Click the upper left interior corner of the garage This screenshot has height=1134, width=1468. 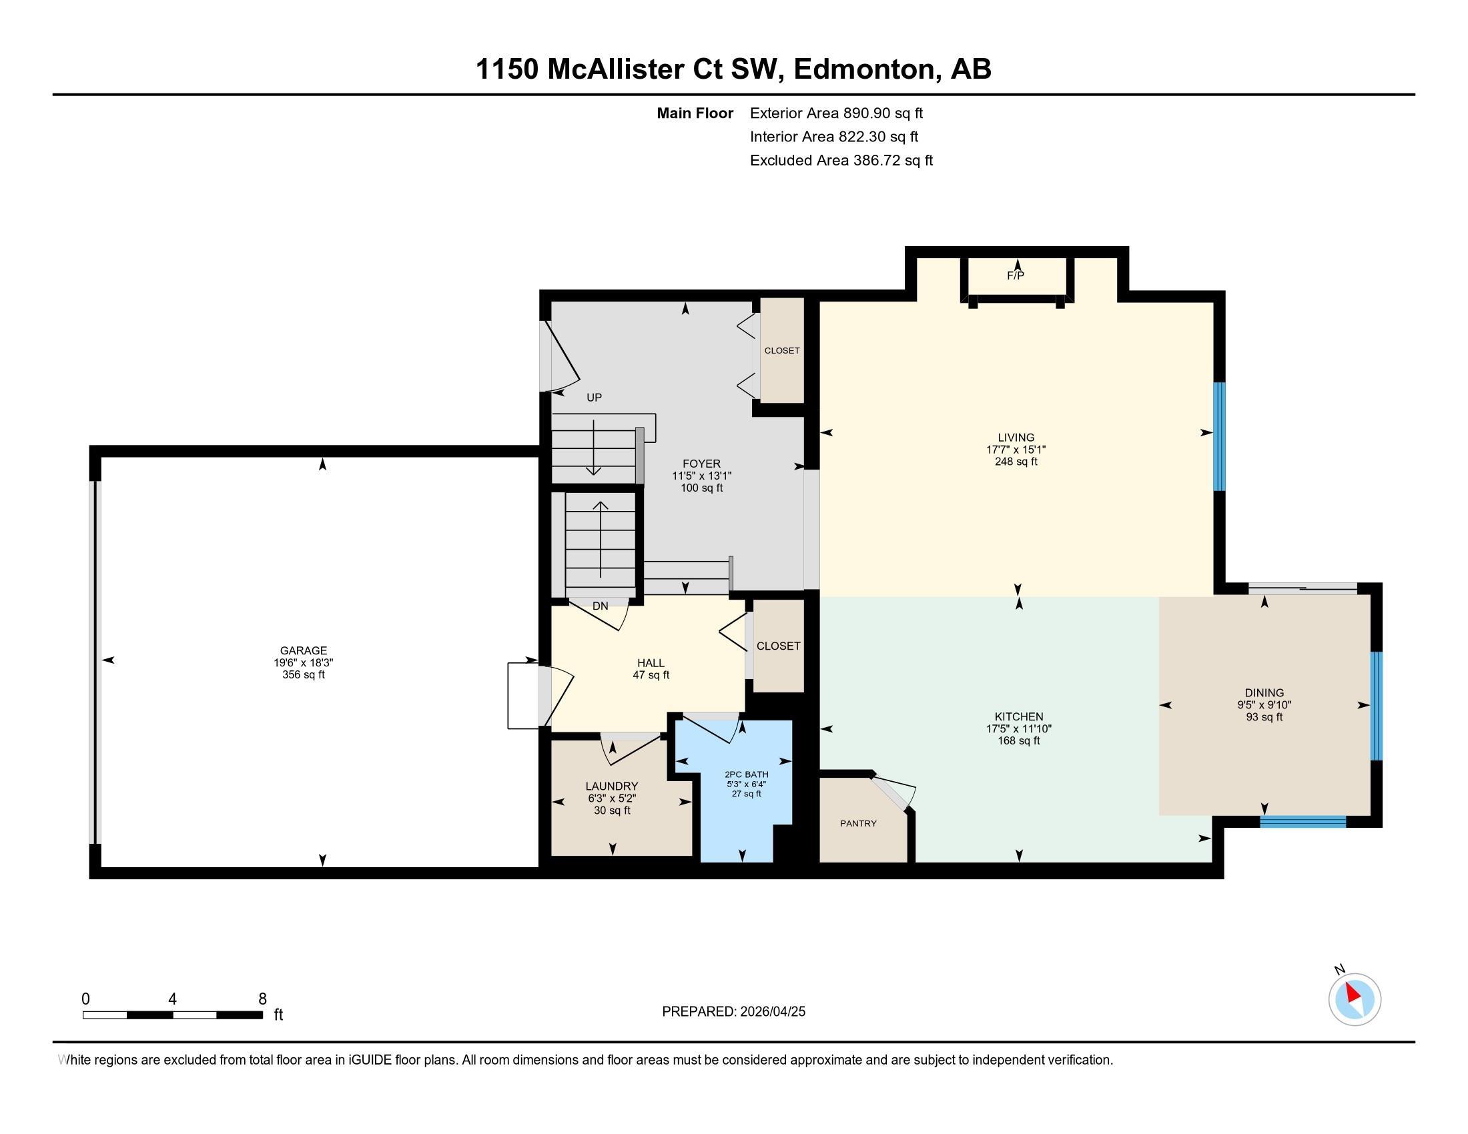pos(101,458)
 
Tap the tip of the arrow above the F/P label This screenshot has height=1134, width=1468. pos(1018,260)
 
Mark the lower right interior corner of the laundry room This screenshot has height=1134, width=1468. pos(692,855)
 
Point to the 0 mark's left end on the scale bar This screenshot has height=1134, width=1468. pos(83,1015)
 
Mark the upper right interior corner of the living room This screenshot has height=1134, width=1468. pos(1212,303)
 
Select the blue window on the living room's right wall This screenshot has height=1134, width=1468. pos(1218,437)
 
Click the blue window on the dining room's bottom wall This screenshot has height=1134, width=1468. pos(1303,821)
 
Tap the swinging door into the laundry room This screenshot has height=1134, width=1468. pos(632,748)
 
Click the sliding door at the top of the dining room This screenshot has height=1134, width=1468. pos(1303,588)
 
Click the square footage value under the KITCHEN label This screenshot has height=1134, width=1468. pos(1018,741)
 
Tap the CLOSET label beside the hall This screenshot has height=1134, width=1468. pos(778,646)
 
